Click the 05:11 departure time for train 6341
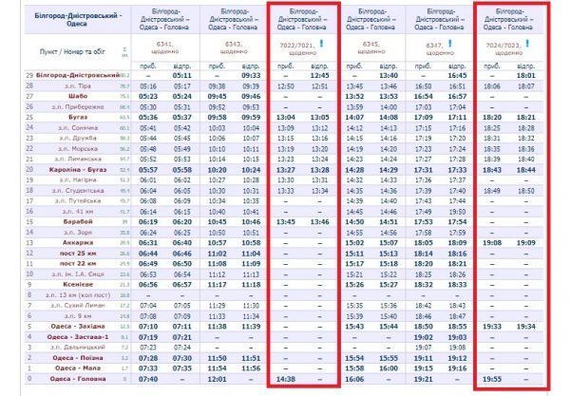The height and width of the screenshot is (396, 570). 182,75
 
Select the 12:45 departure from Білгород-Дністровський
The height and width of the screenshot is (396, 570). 320,75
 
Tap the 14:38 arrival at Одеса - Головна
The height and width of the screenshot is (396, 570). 286,377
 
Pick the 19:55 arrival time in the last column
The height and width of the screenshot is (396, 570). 493,377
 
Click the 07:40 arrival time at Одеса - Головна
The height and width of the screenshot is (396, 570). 148,377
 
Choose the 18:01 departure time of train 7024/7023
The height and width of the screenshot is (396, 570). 527,75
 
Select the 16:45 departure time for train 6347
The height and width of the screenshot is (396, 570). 458,75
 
